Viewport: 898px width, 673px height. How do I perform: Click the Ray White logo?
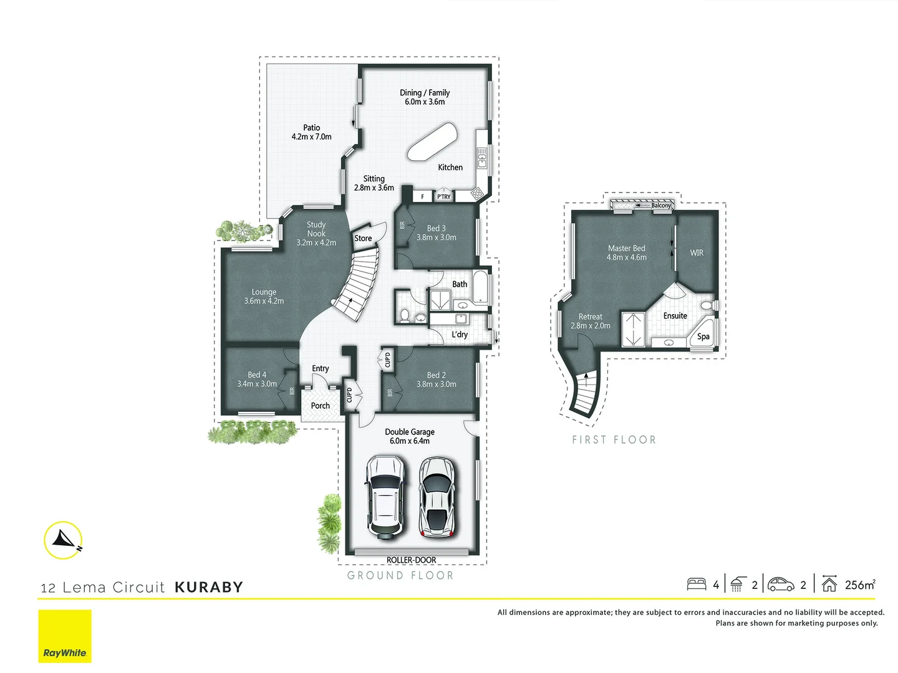65,636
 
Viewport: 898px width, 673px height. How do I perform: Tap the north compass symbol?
64,540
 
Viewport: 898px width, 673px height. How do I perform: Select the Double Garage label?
410,432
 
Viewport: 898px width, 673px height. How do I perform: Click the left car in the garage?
385,497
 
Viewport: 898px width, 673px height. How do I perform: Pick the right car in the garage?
437,497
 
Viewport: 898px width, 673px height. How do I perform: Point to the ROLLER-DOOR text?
412,560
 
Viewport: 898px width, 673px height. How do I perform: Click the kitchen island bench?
432,142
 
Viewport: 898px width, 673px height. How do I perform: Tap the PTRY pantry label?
443,197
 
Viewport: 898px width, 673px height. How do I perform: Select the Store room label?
363,238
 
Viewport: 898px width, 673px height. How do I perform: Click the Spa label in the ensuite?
703,336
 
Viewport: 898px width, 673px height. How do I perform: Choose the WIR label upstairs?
697,253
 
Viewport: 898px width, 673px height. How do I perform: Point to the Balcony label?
661,205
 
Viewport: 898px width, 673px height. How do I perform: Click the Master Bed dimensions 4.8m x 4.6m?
627,257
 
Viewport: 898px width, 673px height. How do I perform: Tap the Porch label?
321,406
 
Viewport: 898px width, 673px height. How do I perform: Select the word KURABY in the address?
209,587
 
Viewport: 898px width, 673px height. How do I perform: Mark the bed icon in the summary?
697,585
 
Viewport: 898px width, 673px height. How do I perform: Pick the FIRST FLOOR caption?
614,440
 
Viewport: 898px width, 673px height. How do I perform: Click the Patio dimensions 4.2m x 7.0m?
312,136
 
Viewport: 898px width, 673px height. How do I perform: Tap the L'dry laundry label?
460,335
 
